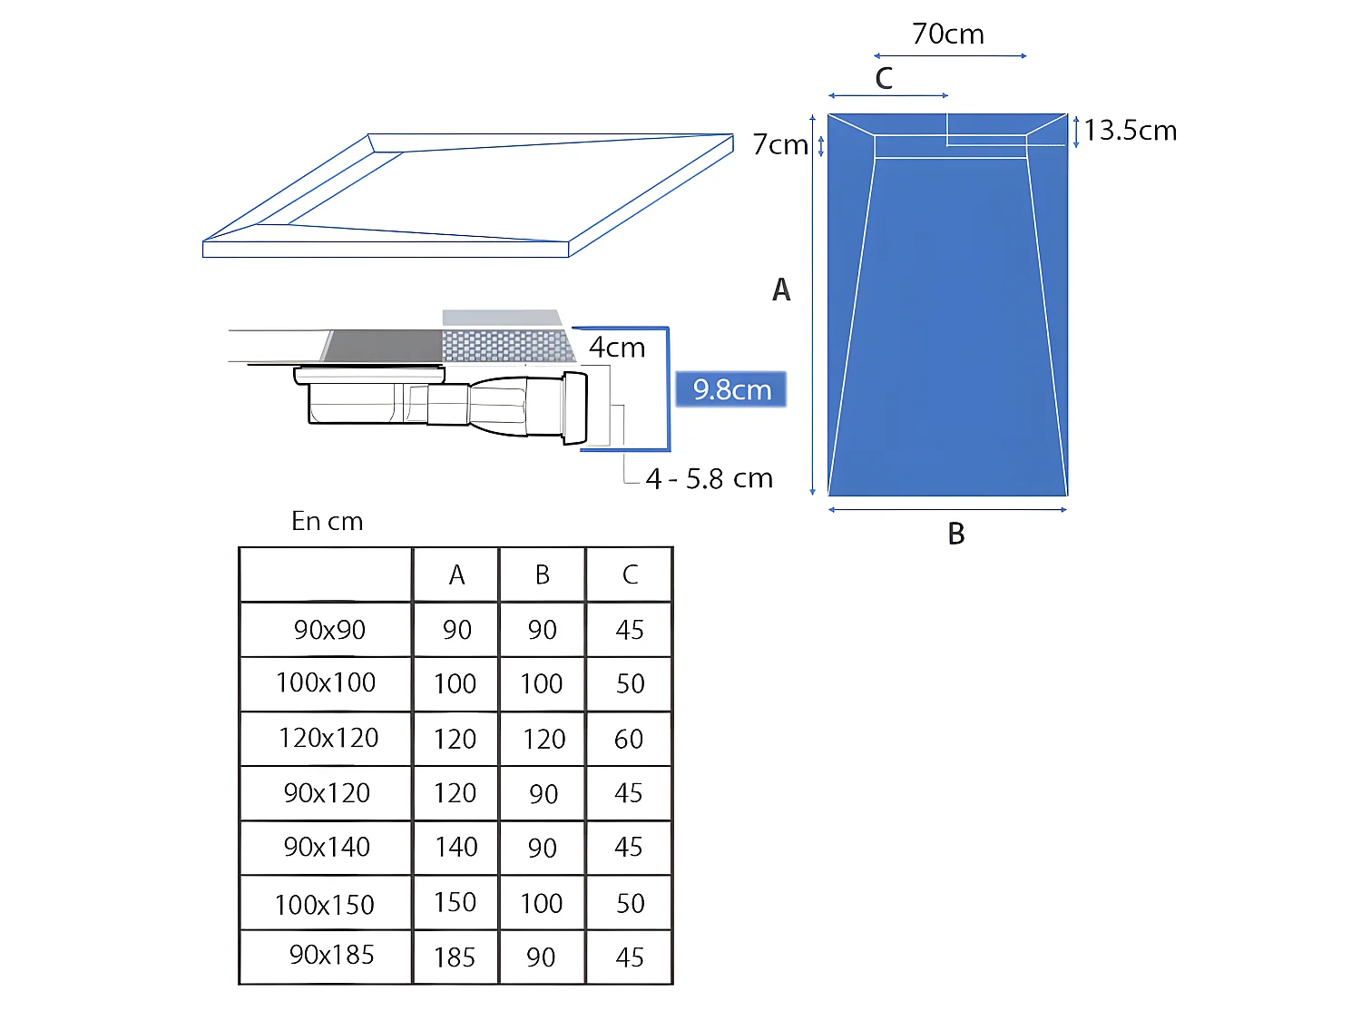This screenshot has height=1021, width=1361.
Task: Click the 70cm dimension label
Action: click(948, 34)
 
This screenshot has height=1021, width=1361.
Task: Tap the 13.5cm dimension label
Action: click(1131, 131)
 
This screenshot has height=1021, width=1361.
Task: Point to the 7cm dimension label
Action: click(779, 144)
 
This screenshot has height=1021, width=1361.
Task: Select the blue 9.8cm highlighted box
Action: click(731, 389)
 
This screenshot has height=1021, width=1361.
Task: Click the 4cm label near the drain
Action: click(617, 348)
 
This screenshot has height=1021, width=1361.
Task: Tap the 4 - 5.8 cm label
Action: click(709, 478)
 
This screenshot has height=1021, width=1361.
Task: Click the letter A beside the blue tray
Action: click(781, 290)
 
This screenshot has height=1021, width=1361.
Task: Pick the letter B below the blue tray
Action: click(955, 534)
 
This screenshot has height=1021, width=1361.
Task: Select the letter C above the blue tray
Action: click(884, 78)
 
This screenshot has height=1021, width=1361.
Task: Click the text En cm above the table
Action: click(327, 521)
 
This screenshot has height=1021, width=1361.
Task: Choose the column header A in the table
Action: click(456, 574)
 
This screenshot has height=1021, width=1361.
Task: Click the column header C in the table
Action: click(630, 574)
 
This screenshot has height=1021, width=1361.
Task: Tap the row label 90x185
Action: click(331, 955)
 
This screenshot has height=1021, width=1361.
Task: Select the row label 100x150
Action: click(325, 905)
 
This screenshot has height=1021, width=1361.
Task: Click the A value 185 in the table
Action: click(455, 957)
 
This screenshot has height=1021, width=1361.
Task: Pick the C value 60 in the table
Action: click(629, 739)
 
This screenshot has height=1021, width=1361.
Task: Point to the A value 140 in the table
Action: click(455, 847)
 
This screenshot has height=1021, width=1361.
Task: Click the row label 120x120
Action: click(328, 738)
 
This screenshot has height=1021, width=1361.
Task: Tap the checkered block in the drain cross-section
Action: click(505, 346)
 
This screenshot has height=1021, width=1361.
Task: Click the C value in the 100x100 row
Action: click(630, 683)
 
